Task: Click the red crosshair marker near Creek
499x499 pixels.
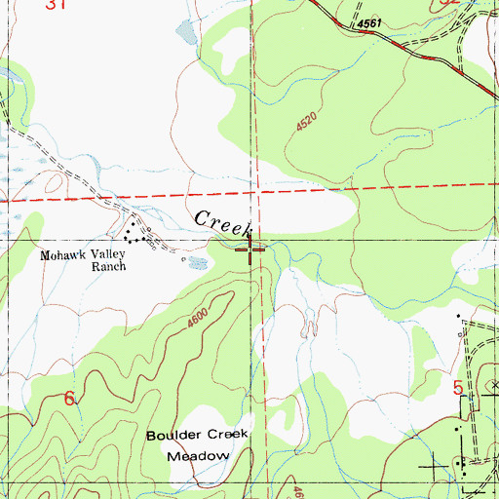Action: click(x=250, y=252)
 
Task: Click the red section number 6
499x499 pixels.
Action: click(x=69, y=399)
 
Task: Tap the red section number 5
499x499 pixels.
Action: click(x=458, y=388)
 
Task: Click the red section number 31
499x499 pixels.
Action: click(x=58, y=5)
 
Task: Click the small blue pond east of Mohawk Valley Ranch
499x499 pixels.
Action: click(x=198, y=262)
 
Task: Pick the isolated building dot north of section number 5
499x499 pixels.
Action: click(x=458, y=316)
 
